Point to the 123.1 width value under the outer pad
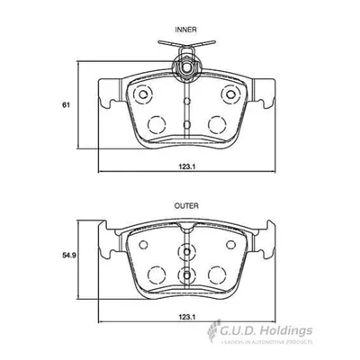click(x=186, y=319)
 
